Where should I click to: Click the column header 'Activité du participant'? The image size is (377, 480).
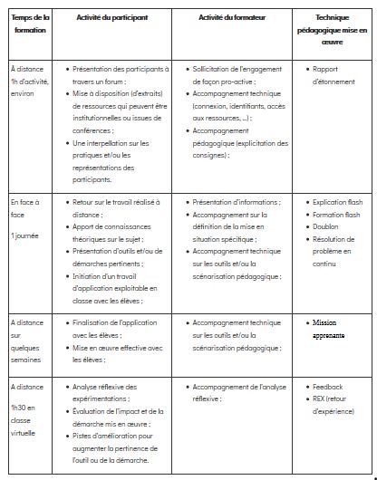113,17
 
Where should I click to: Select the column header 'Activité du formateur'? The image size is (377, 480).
238,17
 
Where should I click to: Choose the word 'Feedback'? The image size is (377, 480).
327,386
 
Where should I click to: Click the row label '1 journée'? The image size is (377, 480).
25,235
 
